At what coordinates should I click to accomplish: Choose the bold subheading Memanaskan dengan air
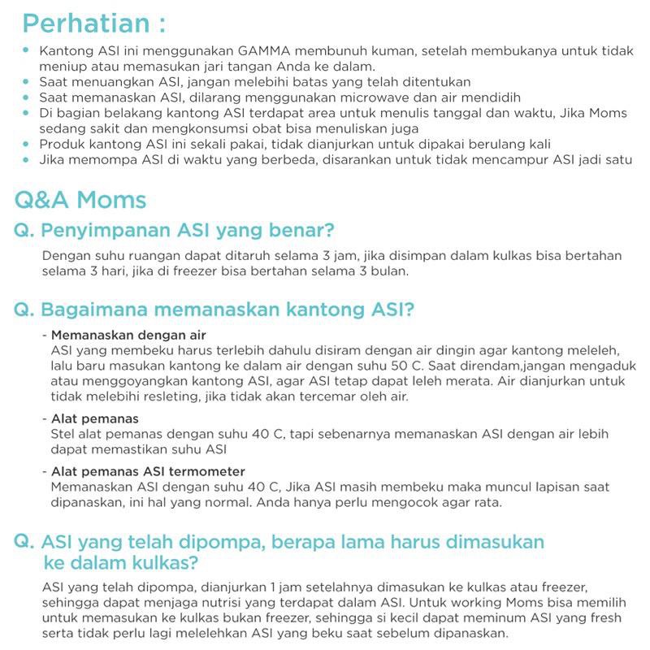[x=128, y=335]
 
